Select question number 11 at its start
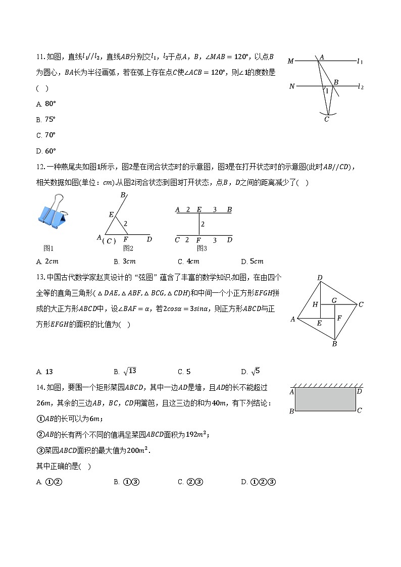point(41,57)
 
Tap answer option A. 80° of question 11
point(46,104)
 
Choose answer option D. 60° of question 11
point(46,150)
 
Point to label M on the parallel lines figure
point(290,61)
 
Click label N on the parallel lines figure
point(291,86)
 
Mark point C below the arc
point(327,119)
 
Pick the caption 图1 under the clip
point(48,248)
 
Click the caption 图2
point(128,248)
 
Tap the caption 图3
point(202,248)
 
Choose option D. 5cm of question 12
point(253,262)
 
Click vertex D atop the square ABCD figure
point(320,278)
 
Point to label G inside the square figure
point(334,300)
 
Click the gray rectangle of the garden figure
point(325,399)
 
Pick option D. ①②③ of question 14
point(258,482)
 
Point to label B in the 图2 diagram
point(122,195)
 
